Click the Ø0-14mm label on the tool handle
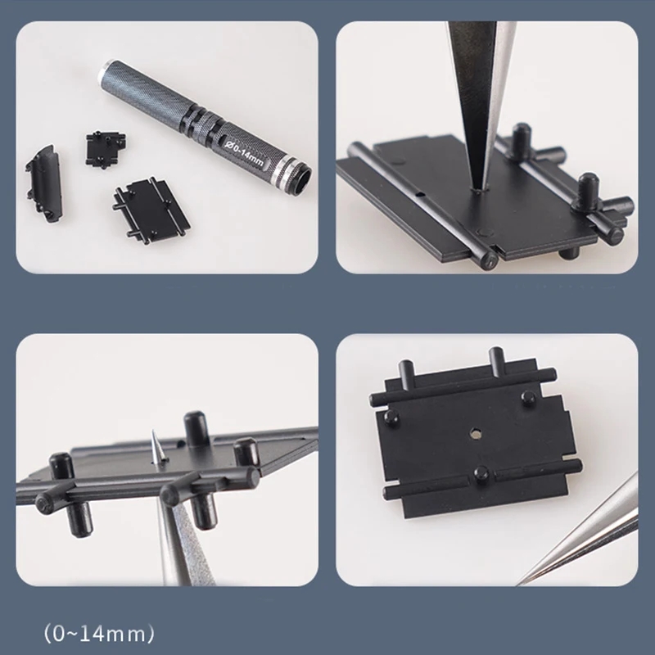tap(244, 154)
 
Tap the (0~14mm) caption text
tap(99, 633)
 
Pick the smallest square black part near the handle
tap(106, 149)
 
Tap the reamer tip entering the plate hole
tap(477, 187)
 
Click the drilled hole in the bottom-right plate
tap(475, 434)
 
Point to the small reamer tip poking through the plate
tap(156, 447)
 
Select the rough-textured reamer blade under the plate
tap(188, 543)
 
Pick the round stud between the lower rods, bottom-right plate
tap(481, 475)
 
